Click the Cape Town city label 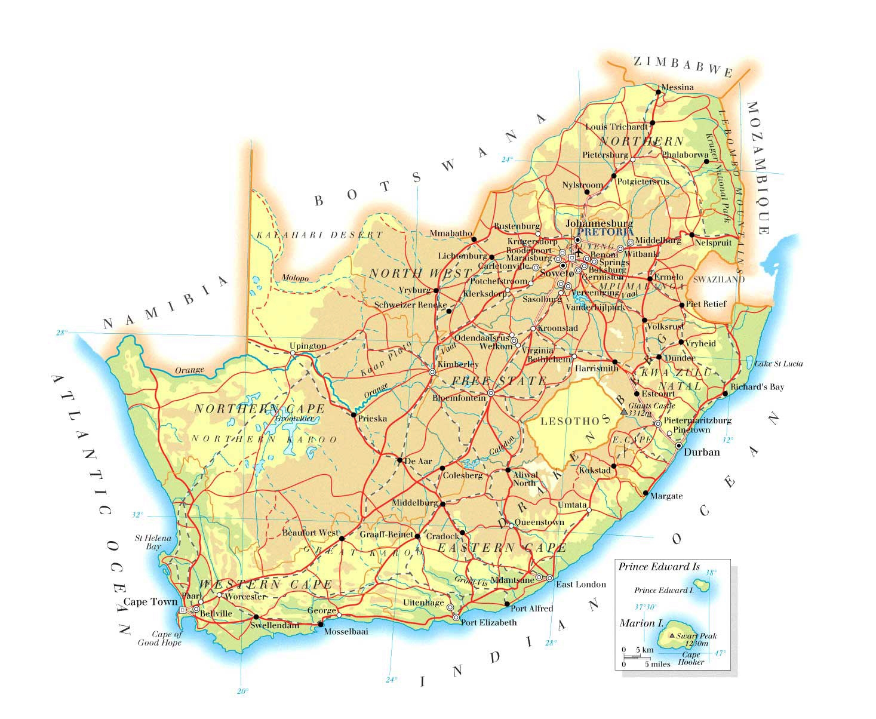pos(150,601)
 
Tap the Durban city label pos(702,452)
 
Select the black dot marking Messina pos(658,92)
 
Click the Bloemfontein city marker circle pos(490,394)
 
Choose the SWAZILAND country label pos(719,279)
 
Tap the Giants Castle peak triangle pos(624,412)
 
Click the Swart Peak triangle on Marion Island pos(673,636)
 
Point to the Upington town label pos(308,346)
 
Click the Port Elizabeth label pos(488,622)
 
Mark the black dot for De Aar pos(399,460)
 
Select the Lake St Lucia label pos(778,364)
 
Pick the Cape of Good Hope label pos(159,638)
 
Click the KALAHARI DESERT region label pos(319,235)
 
